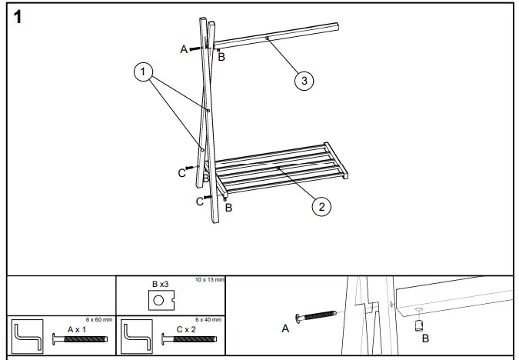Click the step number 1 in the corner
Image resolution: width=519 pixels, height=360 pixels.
(16, 17)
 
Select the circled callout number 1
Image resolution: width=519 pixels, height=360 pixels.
(142, 72)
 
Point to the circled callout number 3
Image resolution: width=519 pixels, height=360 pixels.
(305, 81)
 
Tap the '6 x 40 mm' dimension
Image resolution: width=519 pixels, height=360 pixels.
(208, 319)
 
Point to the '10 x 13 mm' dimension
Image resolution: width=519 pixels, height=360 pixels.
(209, 279)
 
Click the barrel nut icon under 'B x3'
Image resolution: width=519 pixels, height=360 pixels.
(161, 299)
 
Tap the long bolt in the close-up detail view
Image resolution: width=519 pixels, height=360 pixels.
(317, 317)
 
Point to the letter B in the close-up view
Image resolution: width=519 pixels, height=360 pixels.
(426, 338)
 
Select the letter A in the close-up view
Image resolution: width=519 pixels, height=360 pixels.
(286, 328)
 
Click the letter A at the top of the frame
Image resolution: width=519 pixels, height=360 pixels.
(184, 49)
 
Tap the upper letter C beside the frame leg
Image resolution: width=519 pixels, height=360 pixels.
(182, 173)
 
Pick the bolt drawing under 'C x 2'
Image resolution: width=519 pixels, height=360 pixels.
(189, 339)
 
